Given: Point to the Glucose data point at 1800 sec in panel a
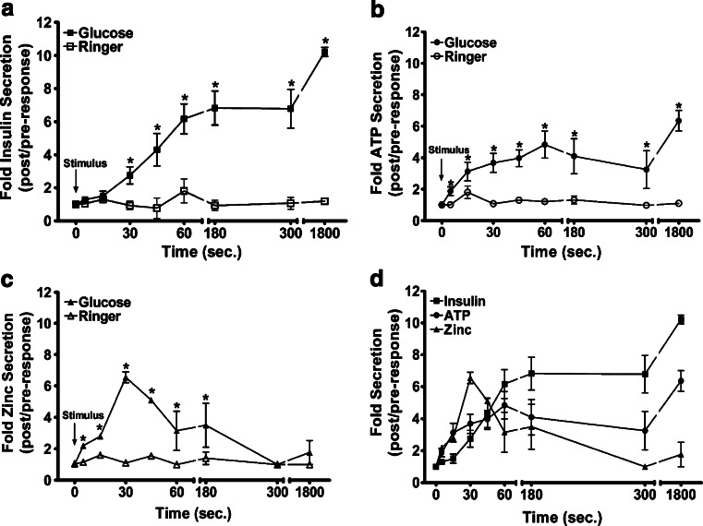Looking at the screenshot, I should click(x=323, y=52).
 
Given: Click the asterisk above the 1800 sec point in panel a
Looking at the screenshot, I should click(x=324, y=40).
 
